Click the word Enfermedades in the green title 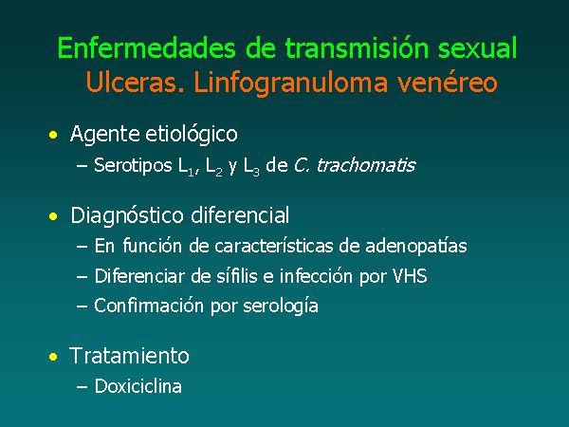coord(147,48)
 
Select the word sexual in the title coord(477,48)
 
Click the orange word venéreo coord(447,82)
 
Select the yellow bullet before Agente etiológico coord(53,135)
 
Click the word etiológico coord(192,135)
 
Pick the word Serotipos coord(133,165)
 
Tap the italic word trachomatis coord(366,165)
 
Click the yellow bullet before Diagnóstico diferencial coord(53,216)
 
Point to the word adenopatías coord(416,246)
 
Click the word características coord(274,246)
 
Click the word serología coord(281,306)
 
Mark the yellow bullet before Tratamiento coord(53,357)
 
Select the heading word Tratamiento coord(129,356)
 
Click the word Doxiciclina coord(138,385)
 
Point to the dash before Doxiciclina coord(82,387)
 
